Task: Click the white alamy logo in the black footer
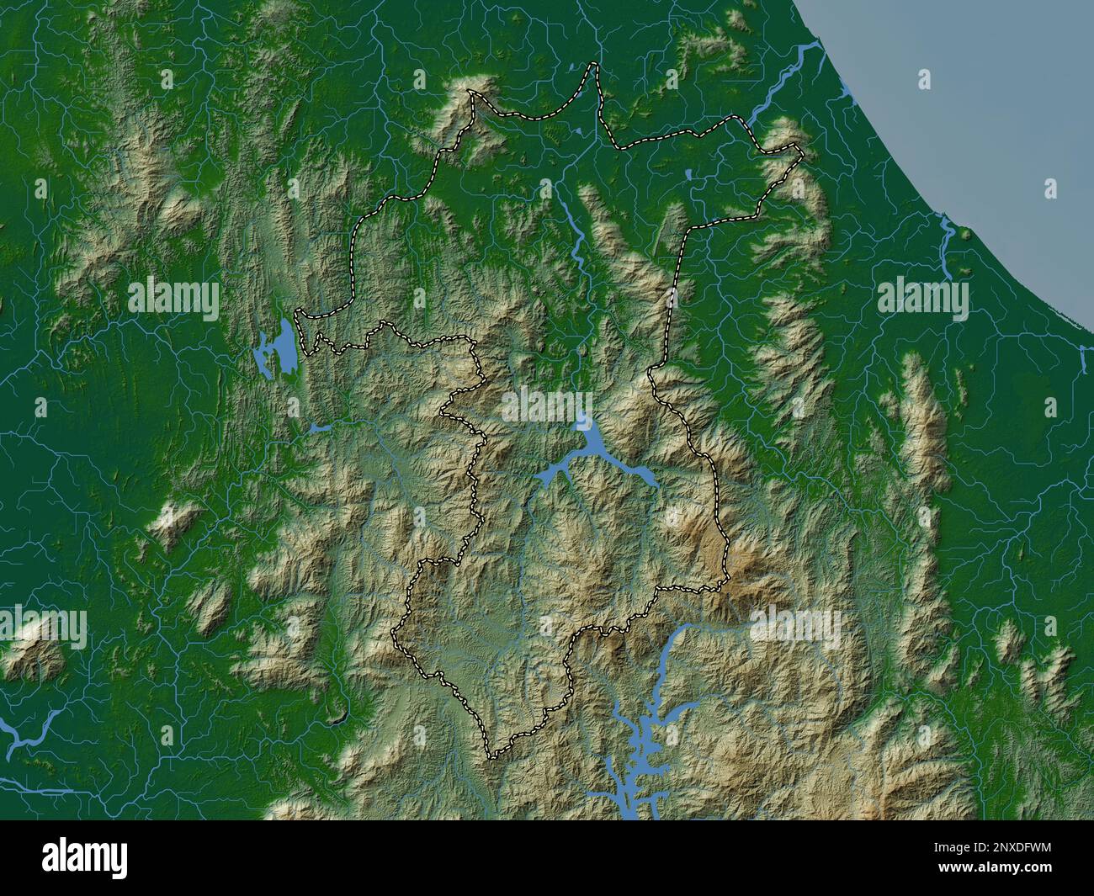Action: [x=87, y=857]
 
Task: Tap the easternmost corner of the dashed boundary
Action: [x=801, y=152]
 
